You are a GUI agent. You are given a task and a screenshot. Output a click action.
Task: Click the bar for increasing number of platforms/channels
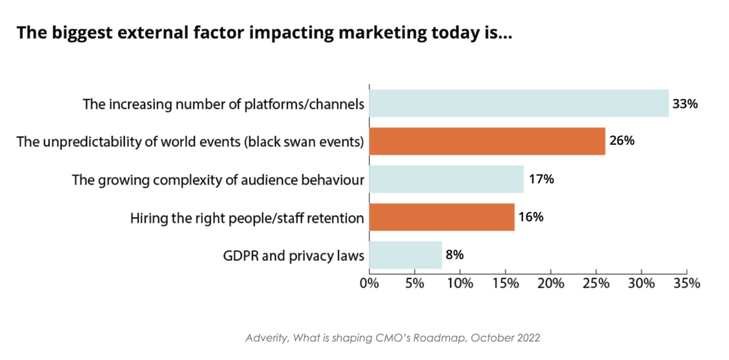point(518,103)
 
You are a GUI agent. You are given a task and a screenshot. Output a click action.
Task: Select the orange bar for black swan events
point(487,141)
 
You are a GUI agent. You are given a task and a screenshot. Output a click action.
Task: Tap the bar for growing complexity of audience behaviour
point(446,179)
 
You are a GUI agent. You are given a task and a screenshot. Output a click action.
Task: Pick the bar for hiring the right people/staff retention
point(441,216)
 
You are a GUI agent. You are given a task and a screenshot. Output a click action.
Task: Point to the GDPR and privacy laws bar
point(405,254)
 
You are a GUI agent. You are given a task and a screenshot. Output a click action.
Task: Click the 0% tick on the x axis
point(369,283)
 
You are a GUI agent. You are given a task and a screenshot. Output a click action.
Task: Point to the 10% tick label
point(460,283)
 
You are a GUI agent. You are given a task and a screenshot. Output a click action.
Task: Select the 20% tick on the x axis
point(550,283)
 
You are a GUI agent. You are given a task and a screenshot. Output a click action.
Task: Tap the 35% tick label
point(686,283)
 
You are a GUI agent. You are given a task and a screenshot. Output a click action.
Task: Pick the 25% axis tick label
point(596,283)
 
